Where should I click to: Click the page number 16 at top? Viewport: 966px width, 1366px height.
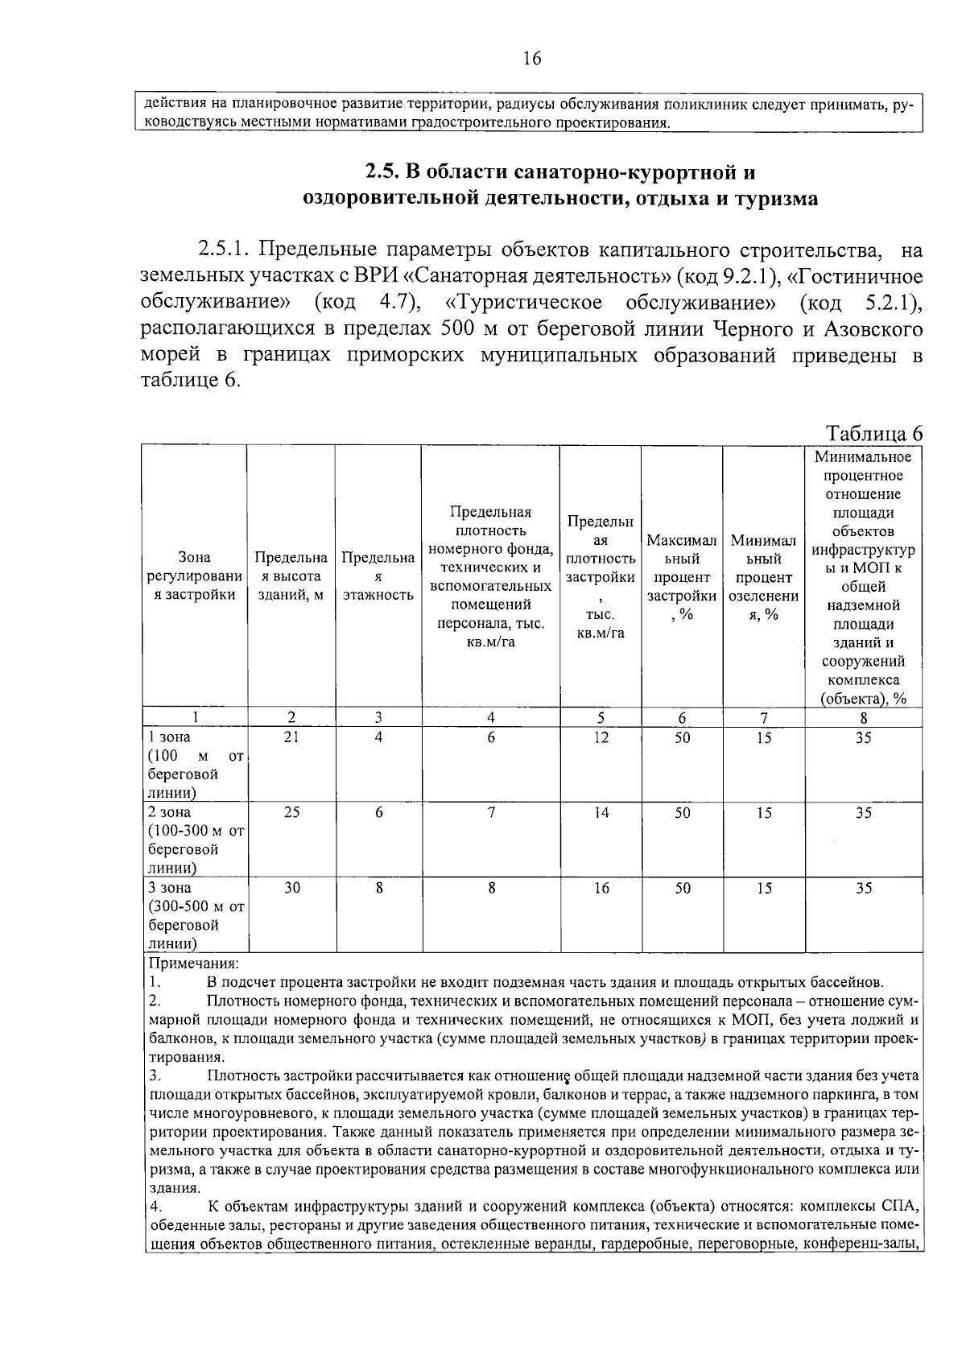click(x=532, y=58)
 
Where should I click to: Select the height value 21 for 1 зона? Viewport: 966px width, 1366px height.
click(x=291, y=737)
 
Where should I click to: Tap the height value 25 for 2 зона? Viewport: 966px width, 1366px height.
click(x=291, y=812)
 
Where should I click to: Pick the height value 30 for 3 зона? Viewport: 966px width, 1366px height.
click(x=291, y=888)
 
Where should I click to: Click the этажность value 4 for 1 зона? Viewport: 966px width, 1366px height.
click(x=378, y=737)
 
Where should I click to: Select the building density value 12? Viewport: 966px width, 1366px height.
click(x=601, y=737)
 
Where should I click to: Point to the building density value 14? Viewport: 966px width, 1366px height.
click(x=601, y=812)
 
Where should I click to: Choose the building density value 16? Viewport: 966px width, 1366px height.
click(x=601, y=888)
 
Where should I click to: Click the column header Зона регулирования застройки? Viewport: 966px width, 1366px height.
click(x=194, y=576)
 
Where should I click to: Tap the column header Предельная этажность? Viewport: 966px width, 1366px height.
click(x=378, y=576)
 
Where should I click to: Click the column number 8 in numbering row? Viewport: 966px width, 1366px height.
click(x=864, y=718)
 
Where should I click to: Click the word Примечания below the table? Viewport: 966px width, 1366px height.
click(x=193, y=964)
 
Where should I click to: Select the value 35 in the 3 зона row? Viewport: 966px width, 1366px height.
click(x=864, y=888)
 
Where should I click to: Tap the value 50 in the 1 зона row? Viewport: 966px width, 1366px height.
click(x=682, y=737)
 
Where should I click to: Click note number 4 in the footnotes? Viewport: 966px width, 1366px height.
click(x=155, y=1207)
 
